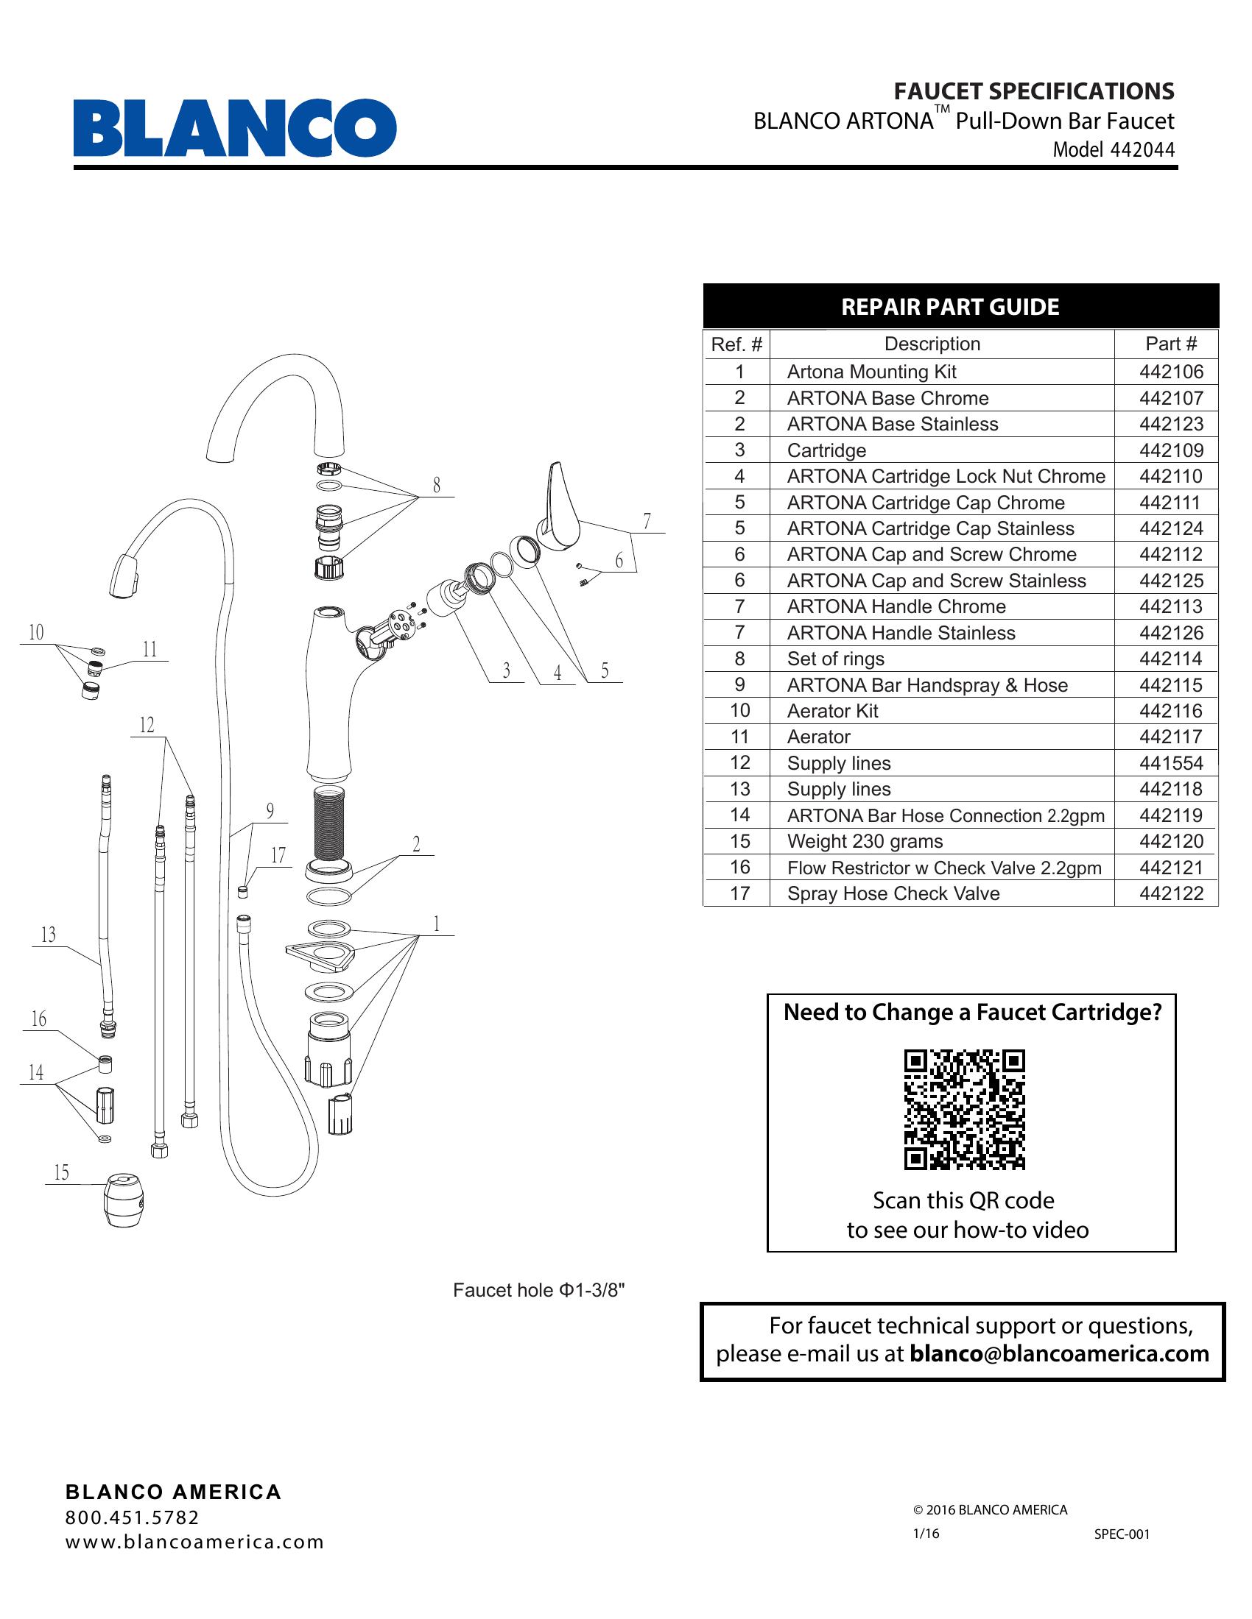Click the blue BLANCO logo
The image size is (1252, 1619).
(x=234, y=127)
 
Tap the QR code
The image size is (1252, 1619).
(x=963, y=1109)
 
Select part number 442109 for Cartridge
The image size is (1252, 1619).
(x=1170, y=450)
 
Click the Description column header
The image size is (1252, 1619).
(x=932, y=344)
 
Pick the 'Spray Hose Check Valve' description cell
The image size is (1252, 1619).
(x=893, y=893)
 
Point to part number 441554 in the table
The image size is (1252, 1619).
(x=1170, y=763)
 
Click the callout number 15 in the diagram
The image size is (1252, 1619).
(x=61, y=1172)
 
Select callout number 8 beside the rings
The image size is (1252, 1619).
(x=436, y=485)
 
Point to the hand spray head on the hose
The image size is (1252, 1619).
(x=124, y=574)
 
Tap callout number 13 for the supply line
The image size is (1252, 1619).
(x=48, y=935)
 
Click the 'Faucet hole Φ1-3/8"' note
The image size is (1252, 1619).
(x=539, y=1291)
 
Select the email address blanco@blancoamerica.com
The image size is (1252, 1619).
(x=1058, y=1353)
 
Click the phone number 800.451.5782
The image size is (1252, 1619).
(x=133, y=1517)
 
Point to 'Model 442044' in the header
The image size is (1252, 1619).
(x=1114, y=149)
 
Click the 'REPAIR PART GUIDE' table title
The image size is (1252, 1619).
(x=949, y=307)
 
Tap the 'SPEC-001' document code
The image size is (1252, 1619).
(x=1122, y=1534)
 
